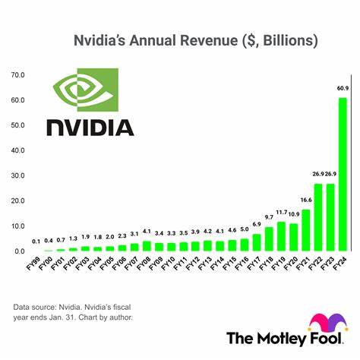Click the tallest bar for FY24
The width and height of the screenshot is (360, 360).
point(343,175)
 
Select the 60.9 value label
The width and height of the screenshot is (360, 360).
point(343,90)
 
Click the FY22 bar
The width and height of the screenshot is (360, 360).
point(318,217)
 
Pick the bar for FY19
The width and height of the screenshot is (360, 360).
point(281,236)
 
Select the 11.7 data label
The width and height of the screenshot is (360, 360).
point(281,213)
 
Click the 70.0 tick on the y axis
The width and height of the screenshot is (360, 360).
point(18,75)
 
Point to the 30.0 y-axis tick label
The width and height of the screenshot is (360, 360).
point(18,176)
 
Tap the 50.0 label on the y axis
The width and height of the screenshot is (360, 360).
point(18,126)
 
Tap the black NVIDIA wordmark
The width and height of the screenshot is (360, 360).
point(90,126)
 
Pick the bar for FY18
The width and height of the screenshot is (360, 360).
point(269,239)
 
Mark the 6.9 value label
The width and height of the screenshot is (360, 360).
point(257,225)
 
